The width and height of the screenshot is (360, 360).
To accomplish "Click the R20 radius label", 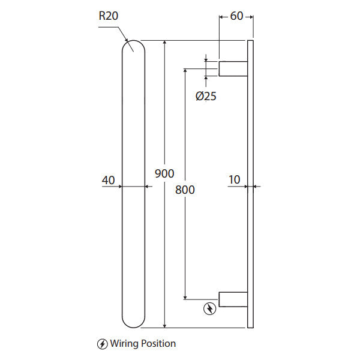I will coord(108,16).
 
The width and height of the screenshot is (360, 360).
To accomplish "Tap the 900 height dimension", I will coord(164,173).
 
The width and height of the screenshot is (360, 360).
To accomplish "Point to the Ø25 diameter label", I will coord(206,96).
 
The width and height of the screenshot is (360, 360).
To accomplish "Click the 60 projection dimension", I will coord(236,16).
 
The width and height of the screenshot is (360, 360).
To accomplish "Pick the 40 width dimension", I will coord(109,179).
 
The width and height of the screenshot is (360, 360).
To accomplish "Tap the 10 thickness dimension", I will coord(234,179).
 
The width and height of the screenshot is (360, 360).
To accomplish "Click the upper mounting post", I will coord(233,68).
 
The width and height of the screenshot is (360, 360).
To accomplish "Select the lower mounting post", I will coord(233,299).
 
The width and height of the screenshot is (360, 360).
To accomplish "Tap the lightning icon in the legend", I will coord(103,344).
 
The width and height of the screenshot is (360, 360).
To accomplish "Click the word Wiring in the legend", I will coord(125,344).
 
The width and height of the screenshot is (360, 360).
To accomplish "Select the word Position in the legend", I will coord(158,344).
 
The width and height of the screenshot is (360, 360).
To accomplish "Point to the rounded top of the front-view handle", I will coord(133,47).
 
